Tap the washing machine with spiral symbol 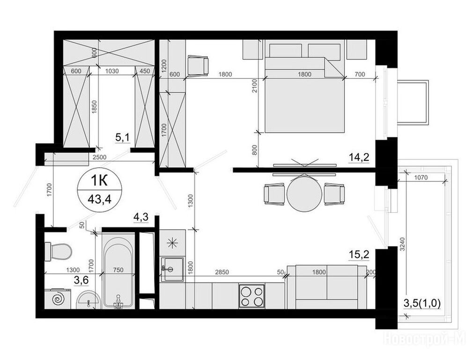(x=58, y=299)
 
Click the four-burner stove (x=252, y=296)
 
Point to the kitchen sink (x=172, y=269)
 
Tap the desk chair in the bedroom (x=198, y=65)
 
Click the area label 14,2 (x=359, y=157)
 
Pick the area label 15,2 (x=359, y=255)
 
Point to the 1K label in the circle (x=99, y=181)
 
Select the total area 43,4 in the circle (x=99, y=199)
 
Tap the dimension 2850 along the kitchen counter (x=222, y=272)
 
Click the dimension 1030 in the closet (x=111, y=71)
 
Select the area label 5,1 (x=123, y=138)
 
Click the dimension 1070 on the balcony (x=421, y=178)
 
